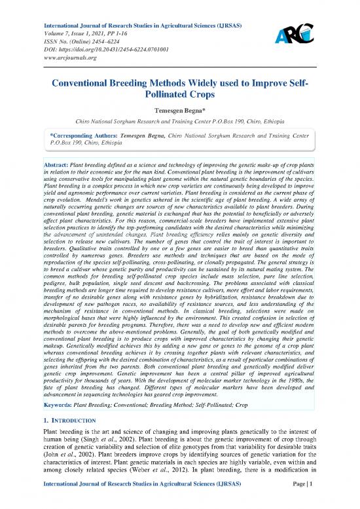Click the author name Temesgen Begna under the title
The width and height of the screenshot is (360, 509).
(180, 112)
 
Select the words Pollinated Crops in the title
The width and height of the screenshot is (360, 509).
(179, 97)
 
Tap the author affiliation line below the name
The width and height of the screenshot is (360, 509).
(180, 123)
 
